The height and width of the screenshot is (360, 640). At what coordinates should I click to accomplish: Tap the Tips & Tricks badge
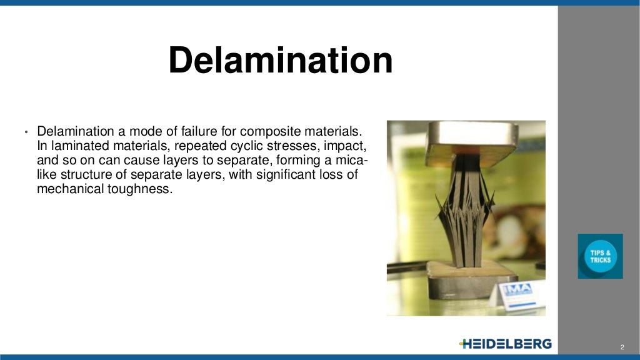600,256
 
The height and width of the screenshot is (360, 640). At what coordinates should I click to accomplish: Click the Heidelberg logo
505,344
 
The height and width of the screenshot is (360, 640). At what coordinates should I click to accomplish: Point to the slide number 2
622,347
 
